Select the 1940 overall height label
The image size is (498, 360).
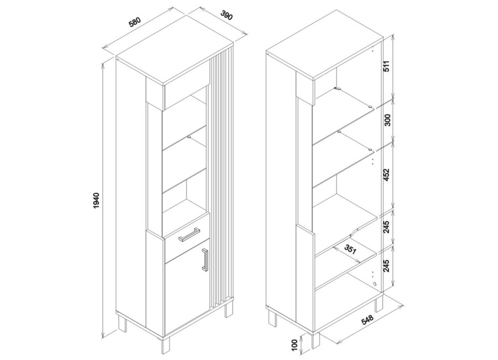tap(97, 200)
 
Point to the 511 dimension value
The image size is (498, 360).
tap(387, 66)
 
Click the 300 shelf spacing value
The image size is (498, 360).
tap(387, 120)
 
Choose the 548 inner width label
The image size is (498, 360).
tap(368, 320)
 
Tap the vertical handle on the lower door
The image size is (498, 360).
tap(205, 260)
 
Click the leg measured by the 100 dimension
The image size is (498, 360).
tap(316, 340)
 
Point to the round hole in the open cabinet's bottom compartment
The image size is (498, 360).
tap(375, 284)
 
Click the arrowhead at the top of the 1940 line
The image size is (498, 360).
tap(102, 65)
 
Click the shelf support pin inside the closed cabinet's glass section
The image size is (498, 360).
tap(189, 137)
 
